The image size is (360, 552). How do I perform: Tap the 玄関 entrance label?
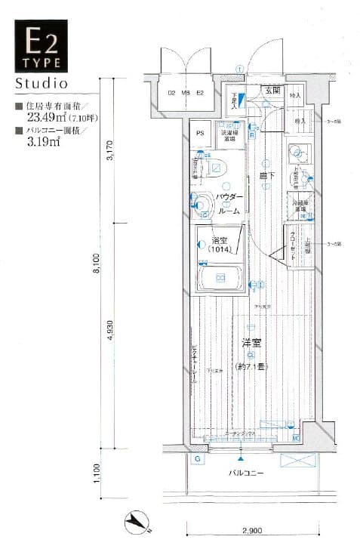point(272,91)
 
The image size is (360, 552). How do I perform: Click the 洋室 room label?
point(251,343)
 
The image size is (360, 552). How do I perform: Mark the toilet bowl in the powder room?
point(202,202)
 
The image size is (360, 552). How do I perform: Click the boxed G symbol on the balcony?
point(197,459)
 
